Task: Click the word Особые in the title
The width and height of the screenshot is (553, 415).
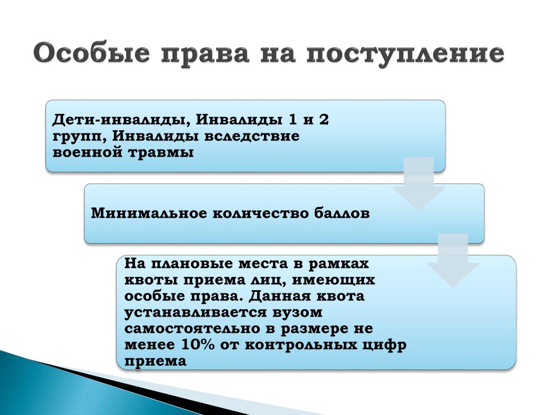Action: click(x=92, y=53)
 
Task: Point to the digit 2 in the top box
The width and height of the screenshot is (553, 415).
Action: click(x=323, y=119)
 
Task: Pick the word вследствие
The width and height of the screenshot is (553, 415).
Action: click(x=252, y=136)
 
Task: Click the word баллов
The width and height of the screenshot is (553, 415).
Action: click(x=341, y=213)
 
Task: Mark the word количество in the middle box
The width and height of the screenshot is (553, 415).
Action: click(x=260, y=213)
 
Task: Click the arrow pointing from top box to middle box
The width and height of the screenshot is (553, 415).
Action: click(x=419, y=184)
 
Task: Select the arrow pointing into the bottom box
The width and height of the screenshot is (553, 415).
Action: click(x=453, y=260)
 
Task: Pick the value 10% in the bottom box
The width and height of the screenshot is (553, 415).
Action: click(x=198, y=344)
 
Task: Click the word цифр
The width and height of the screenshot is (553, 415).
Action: click(x=385, y=345)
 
